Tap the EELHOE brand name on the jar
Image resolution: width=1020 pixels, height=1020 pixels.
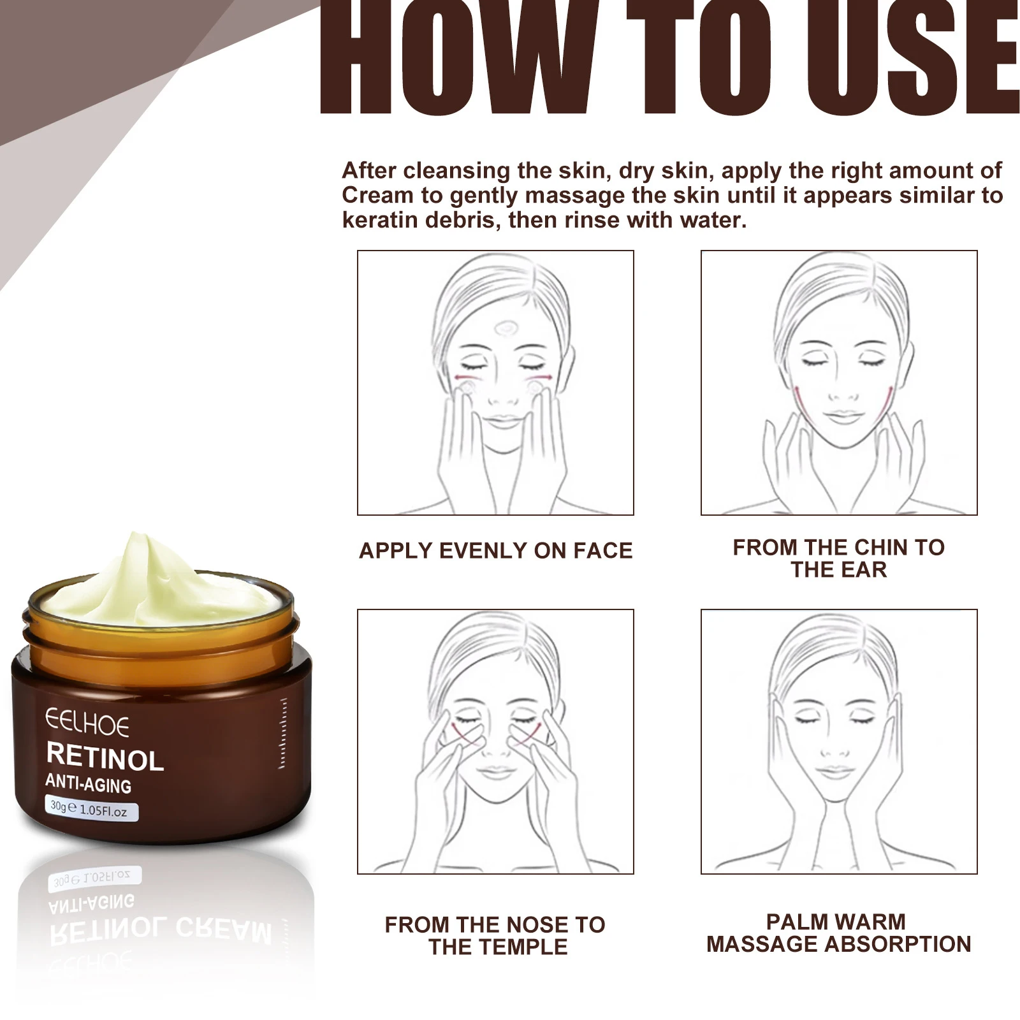87,724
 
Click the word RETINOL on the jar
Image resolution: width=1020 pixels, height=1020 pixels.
105,757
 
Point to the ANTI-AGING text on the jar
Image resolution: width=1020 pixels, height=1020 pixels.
89,784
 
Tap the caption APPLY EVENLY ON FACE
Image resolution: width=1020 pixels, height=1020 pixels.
495,551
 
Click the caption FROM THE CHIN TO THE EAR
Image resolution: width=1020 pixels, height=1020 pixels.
838,558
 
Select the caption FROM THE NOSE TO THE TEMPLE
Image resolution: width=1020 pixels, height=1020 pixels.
495,936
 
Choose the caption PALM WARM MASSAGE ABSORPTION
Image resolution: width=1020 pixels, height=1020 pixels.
838,933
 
